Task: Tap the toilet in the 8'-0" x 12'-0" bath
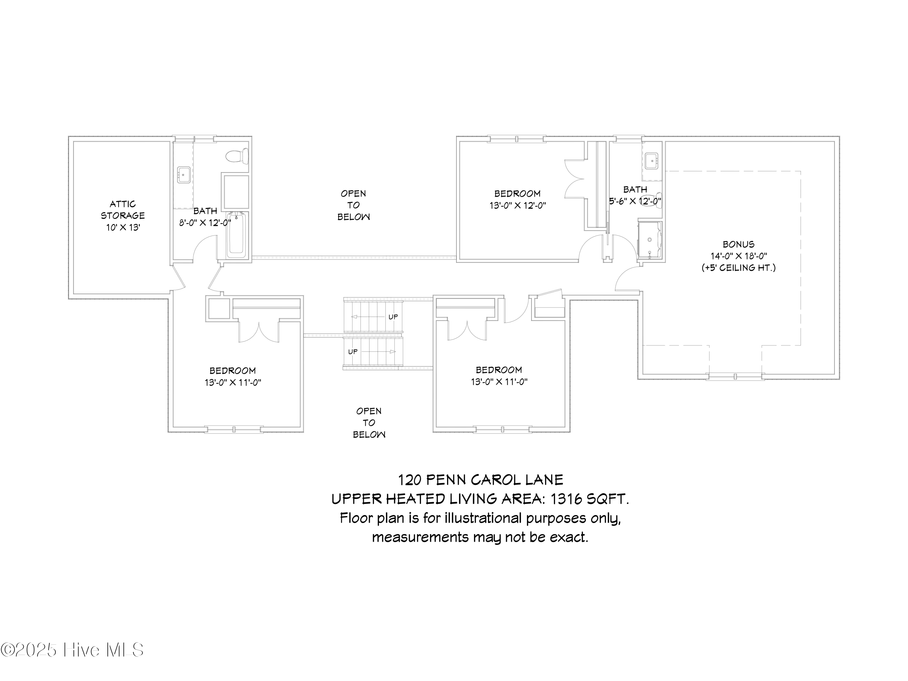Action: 238,156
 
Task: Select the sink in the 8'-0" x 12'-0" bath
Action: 183,174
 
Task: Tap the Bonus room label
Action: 739,244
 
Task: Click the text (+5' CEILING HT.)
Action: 739,268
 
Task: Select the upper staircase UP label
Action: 393,317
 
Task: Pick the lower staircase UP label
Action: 353,352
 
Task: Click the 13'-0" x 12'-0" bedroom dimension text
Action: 517,205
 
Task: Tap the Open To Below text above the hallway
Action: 354,205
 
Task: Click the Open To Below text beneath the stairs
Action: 369,423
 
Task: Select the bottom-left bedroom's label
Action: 233,371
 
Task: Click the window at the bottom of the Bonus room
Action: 735,376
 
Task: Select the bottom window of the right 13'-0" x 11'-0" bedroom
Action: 502,430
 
